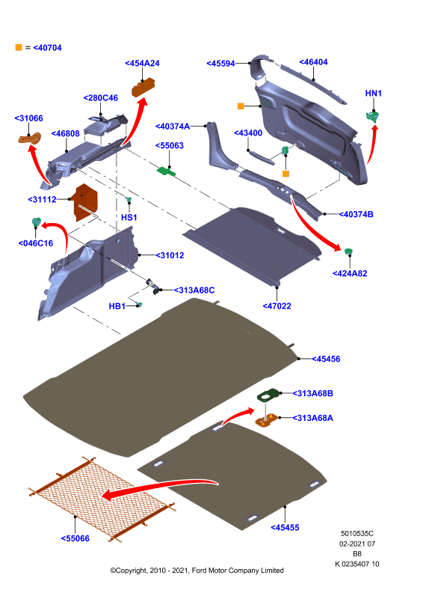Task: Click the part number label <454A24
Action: tap(142, 64)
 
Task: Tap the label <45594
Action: tap(220, 64)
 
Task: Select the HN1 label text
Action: tap(374, 93)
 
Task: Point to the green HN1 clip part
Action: tap(372, 117)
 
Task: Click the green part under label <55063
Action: tap(167, 171)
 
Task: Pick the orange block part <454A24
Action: tap(143, 87)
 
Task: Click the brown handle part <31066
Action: tap(29, 138)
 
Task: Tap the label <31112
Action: tap(42, 199)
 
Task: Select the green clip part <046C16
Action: tap(36, 222)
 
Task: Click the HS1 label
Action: tap(129, 217)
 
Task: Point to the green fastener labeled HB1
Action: tap(140, 305)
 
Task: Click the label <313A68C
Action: tap(194, 291)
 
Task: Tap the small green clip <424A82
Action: tap(348, 252)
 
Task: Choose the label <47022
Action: tap(277, 306)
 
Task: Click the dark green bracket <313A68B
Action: tap(268, 395)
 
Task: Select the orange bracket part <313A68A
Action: tap(267, 420)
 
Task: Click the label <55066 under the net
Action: tap(75, 538)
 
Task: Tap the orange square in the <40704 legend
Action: tap(19, 47)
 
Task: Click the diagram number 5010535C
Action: tap(357, 533)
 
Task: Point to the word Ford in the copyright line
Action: tap(200, 571)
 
